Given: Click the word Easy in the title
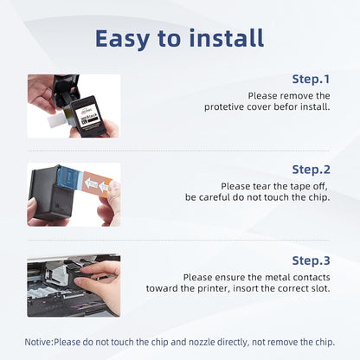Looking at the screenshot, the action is [x=122, y=39].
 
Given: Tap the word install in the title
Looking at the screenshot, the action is [x=227, y=38].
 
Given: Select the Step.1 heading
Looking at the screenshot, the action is [x=311, y=79].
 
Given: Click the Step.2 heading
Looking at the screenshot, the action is [x=311, y=170].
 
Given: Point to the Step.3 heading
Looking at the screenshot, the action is [x=311, y=260].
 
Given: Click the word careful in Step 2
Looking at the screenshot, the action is [x=219, y=197].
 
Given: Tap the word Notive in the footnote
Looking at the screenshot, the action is [x=38, y=342].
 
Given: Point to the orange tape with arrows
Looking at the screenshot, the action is [x=96, y=183].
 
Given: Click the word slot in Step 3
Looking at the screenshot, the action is [x=321, y=288].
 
